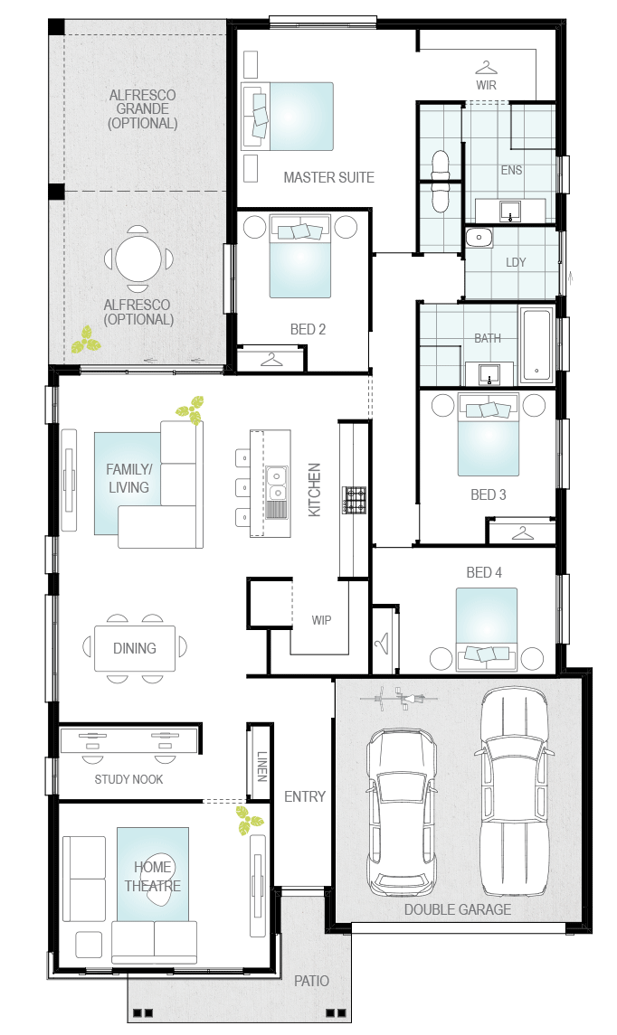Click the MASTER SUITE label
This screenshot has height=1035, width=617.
329,177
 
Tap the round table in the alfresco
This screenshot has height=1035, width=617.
138,259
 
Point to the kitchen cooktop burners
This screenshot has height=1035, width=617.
354,500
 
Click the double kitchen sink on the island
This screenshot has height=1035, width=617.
278,485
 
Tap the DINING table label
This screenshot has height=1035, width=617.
135,648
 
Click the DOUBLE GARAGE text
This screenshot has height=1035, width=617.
458,909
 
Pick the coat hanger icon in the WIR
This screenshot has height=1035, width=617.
486,68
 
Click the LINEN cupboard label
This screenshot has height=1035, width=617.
262,766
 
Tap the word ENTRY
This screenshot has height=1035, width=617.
305,796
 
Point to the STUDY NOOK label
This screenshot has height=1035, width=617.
128,779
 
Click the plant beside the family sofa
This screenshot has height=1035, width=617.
190,409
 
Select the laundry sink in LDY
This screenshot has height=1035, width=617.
479,237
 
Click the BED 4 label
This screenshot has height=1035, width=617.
484,572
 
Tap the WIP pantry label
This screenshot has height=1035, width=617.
322,620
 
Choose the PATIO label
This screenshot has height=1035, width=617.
312,981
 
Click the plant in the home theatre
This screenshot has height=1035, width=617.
250,820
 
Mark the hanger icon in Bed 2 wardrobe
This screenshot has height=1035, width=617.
271,360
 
